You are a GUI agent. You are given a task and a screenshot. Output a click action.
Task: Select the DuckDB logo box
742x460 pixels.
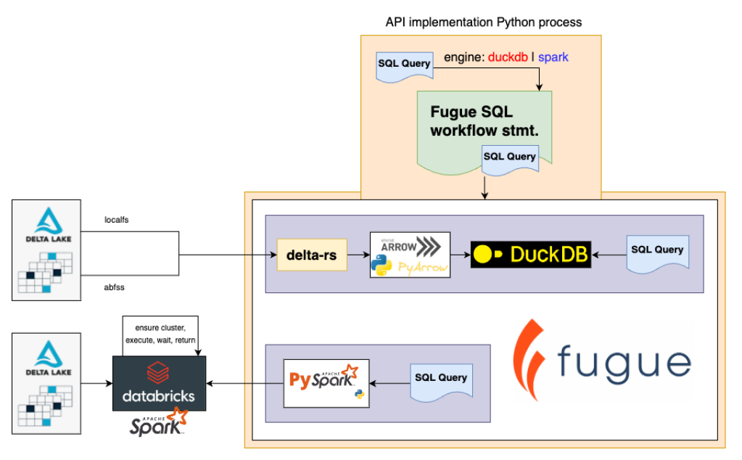[x=531, y=253]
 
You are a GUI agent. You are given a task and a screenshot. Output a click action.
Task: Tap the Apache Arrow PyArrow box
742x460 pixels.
[x=410, y=255]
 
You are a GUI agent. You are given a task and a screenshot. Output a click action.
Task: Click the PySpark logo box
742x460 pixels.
[x=326, y=383]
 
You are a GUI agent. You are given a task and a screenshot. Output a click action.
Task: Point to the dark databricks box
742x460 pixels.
[x=159, y=383]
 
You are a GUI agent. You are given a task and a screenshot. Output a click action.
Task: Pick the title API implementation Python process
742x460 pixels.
[x=483, y=22]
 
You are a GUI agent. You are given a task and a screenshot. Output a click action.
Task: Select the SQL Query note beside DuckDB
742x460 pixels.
[x=657, y=251]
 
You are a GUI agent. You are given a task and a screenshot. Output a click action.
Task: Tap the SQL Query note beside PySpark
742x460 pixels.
[x=440, y=379]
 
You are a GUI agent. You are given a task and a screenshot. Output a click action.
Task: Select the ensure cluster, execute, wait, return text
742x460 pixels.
[x=160, y=334]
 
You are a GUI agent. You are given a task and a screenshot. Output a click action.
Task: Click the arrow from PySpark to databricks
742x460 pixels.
[x=244, y=382]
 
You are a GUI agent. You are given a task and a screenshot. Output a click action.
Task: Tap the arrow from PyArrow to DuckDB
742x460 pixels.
[x=461, y=255]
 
